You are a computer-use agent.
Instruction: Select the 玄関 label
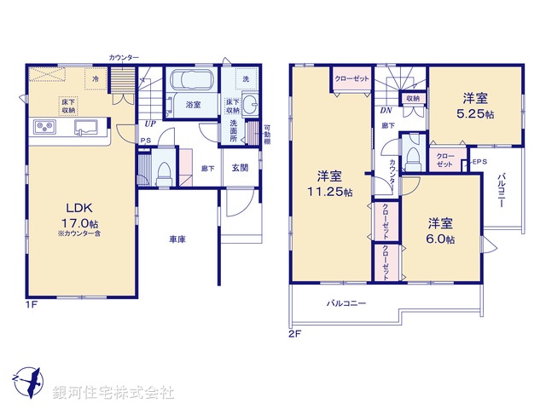point(240,168)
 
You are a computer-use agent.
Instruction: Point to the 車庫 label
point(177,239)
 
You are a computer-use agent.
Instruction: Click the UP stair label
point(149,123)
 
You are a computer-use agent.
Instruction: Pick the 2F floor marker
point(294,333)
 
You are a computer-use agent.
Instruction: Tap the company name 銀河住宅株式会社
point(113,393)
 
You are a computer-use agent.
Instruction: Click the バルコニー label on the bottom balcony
point(346,302)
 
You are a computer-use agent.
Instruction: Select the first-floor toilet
point(162,170)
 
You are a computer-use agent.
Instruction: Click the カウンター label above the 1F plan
point(124,57)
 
